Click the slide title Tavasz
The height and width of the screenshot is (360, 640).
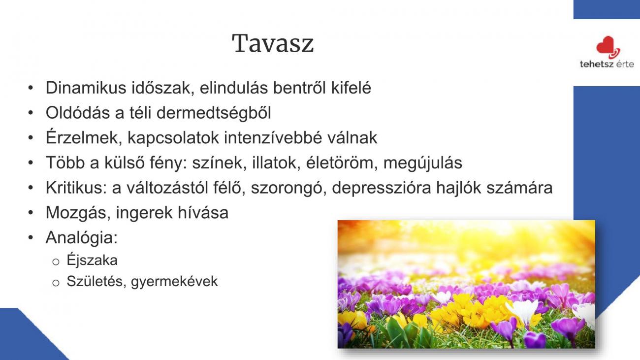tap(273, 43)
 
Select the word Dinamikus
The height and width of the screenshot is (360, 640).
tap(86, 88)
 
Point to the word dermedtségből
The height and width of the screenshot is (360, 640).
tap(214, 113)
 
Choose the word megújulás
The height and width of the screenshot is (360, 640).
tap(422, 163)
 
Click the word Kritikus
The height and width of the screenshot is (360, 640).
tap(76, 188)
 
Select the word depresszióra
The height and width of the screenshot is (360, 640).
tap(382, 188)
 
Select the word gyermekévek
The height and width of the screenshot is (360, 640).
tap(174, 282)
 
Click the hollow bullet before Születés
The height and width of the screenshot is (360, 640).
tap(56, 283)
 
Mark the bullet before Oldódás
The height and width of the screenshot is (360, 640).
tap(31, 113)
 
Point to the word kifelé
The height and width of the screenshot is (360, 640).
tap(351, 88)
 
